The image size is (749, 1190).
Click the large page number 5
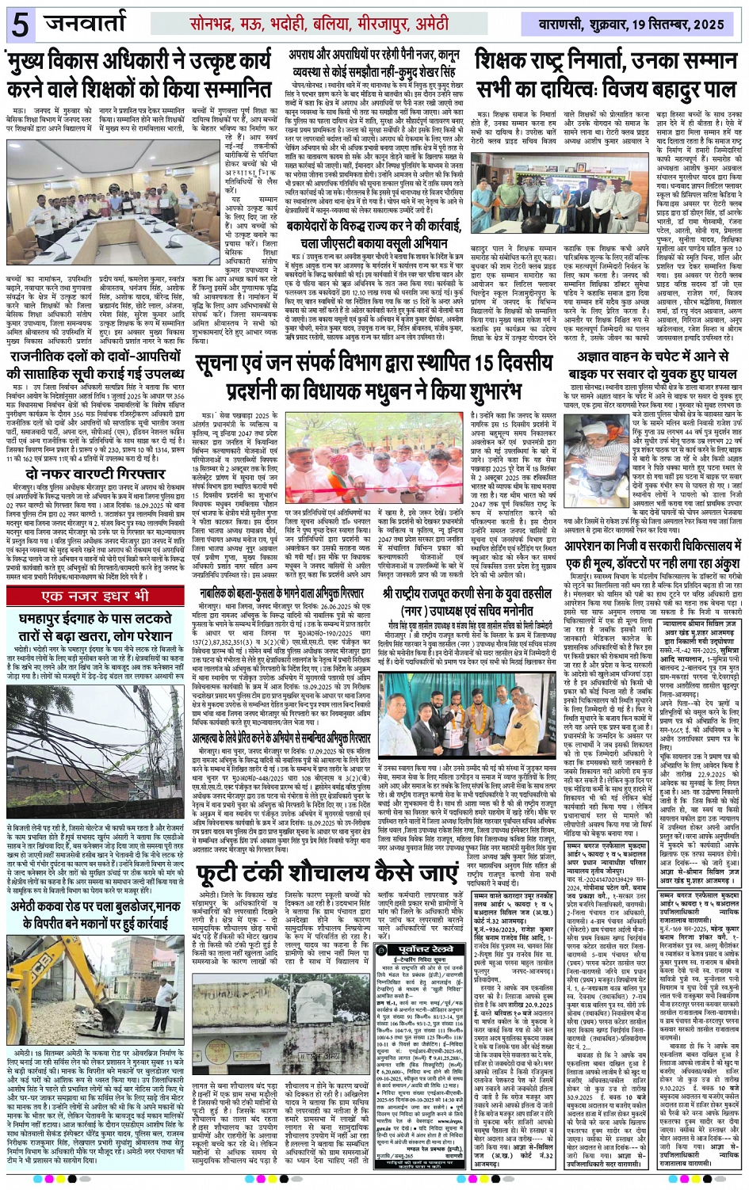[x=20, y=25]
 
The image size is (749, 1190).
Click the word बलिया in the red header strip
[x=331, y=25]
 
